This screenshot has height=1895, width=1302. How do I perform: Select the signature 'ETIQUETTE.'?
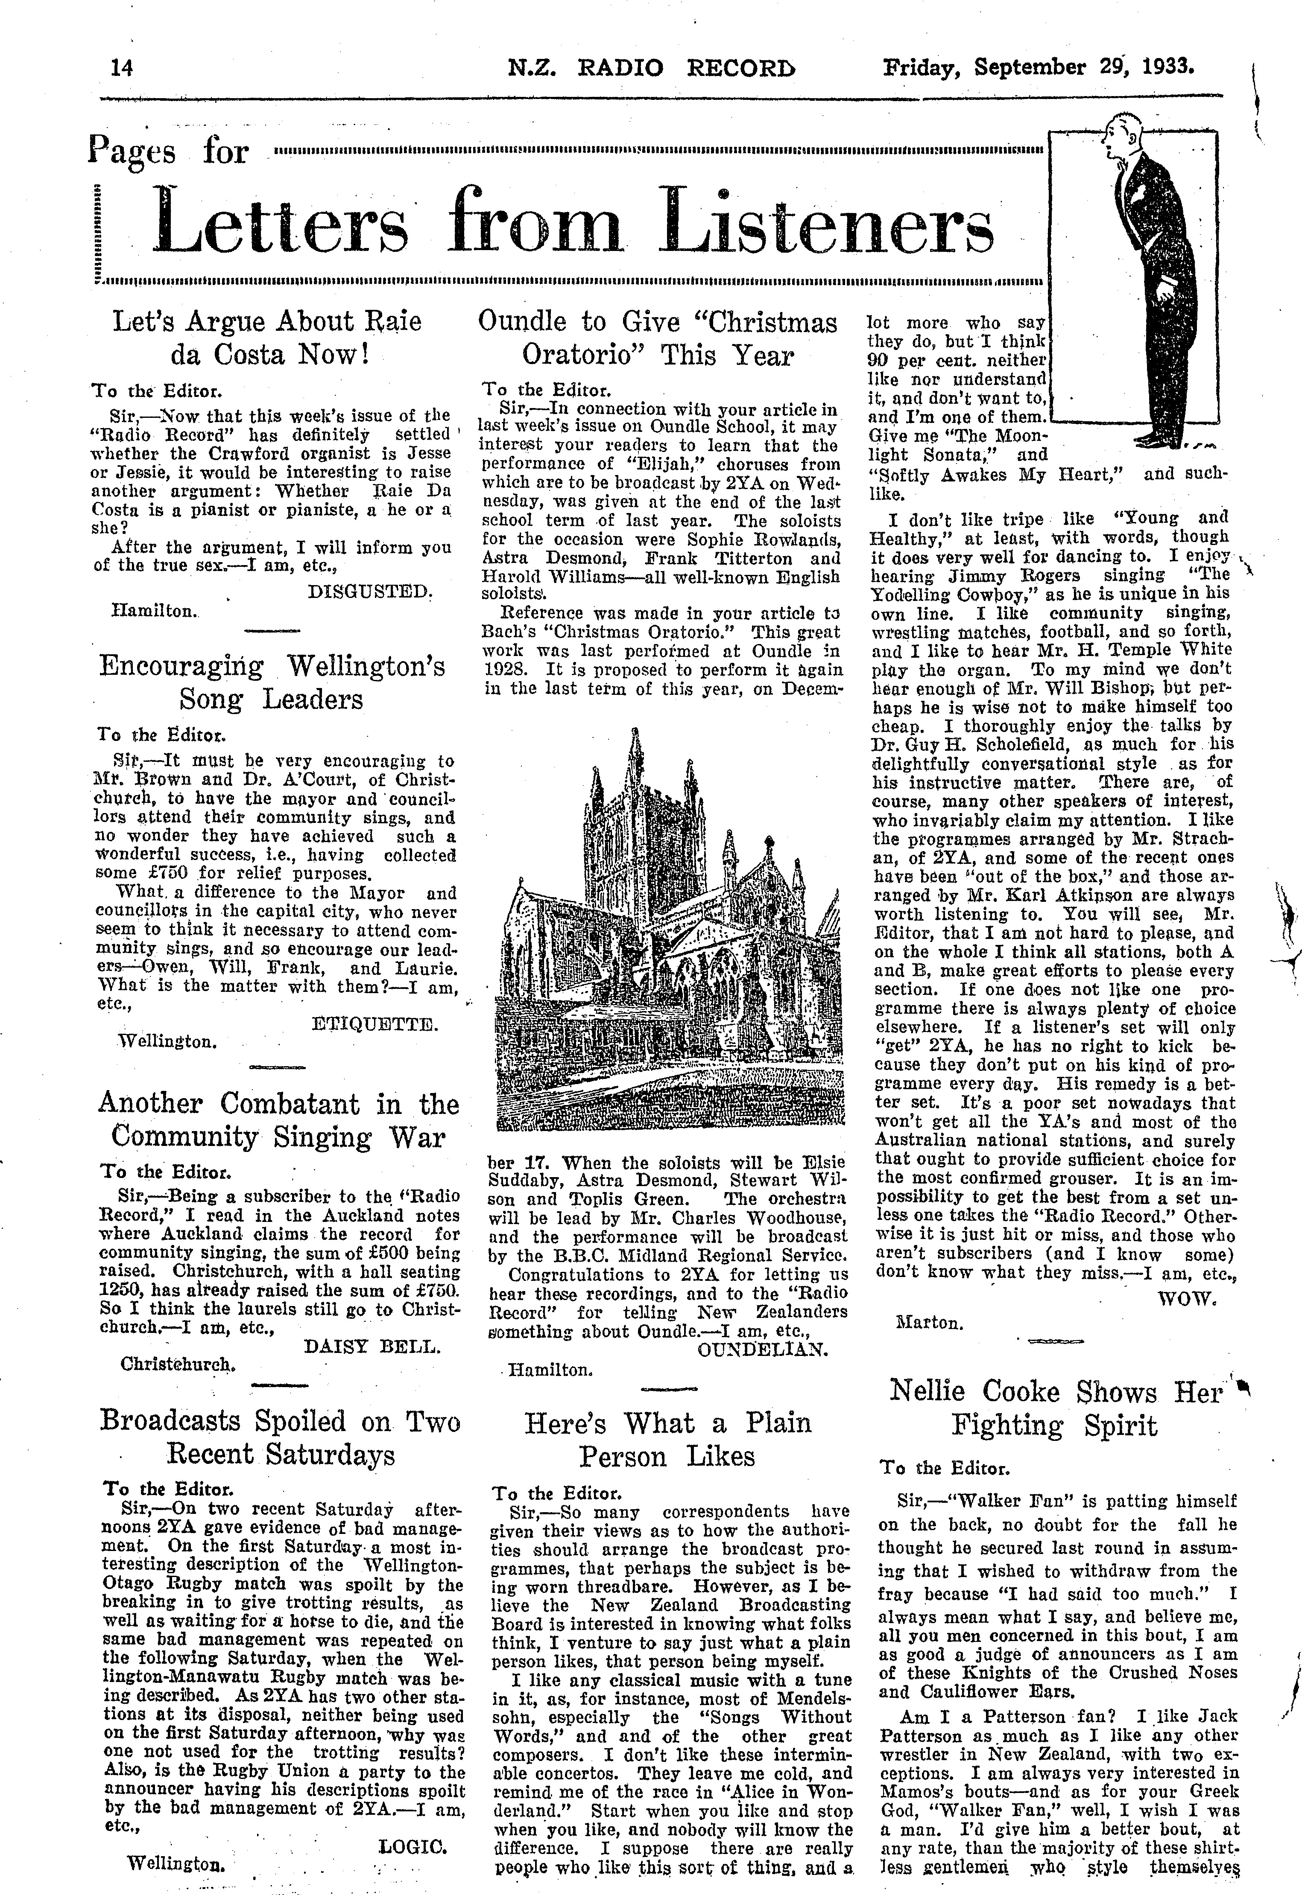375,1024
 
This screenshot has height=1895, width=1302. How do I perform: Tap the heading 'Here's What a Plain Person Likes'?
667,1440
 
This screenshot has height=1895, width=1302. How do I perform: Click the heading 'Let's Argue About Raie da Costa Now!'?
267,338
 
